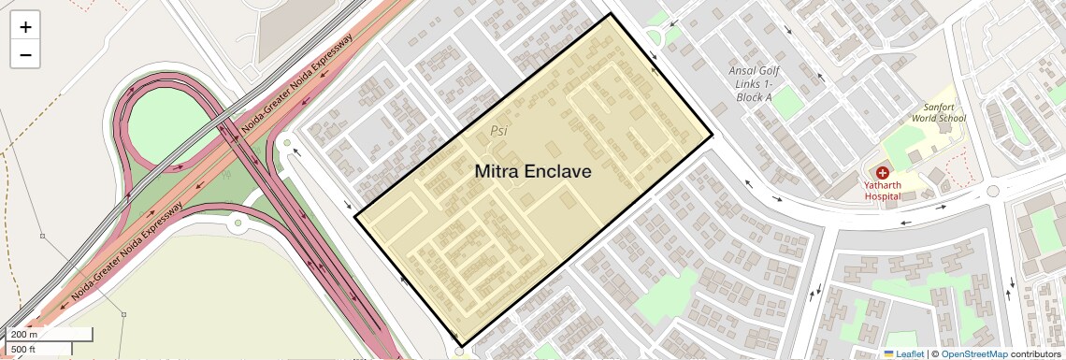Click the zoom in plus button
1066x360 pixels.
click(25, 27)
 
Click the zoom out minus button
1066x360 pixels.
click(25, 54)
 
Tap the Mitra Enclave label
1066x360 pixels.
click(533, 172)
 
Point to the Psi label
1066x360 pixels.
click(498, 131)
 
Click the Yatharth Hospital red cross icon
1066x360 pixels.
click(882, 173)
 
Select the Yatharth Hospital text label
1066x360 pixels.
click(882, 191)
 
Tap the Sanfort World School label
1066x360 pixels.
click(938, 113)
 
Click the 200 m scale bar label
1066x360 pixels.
click(24, 334)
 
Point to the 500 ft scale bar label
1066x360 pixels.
click(23, 349)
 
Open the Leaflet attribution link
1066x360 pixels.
click(904, 353)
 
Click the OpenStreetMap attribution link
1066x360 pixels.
click(973, 353)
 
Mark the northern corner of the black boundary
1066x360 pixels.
click(611, 14)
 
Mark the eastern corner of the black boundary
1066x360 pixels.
click(713, 137)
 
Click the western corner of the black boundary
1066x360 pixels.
click(355, 218)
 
